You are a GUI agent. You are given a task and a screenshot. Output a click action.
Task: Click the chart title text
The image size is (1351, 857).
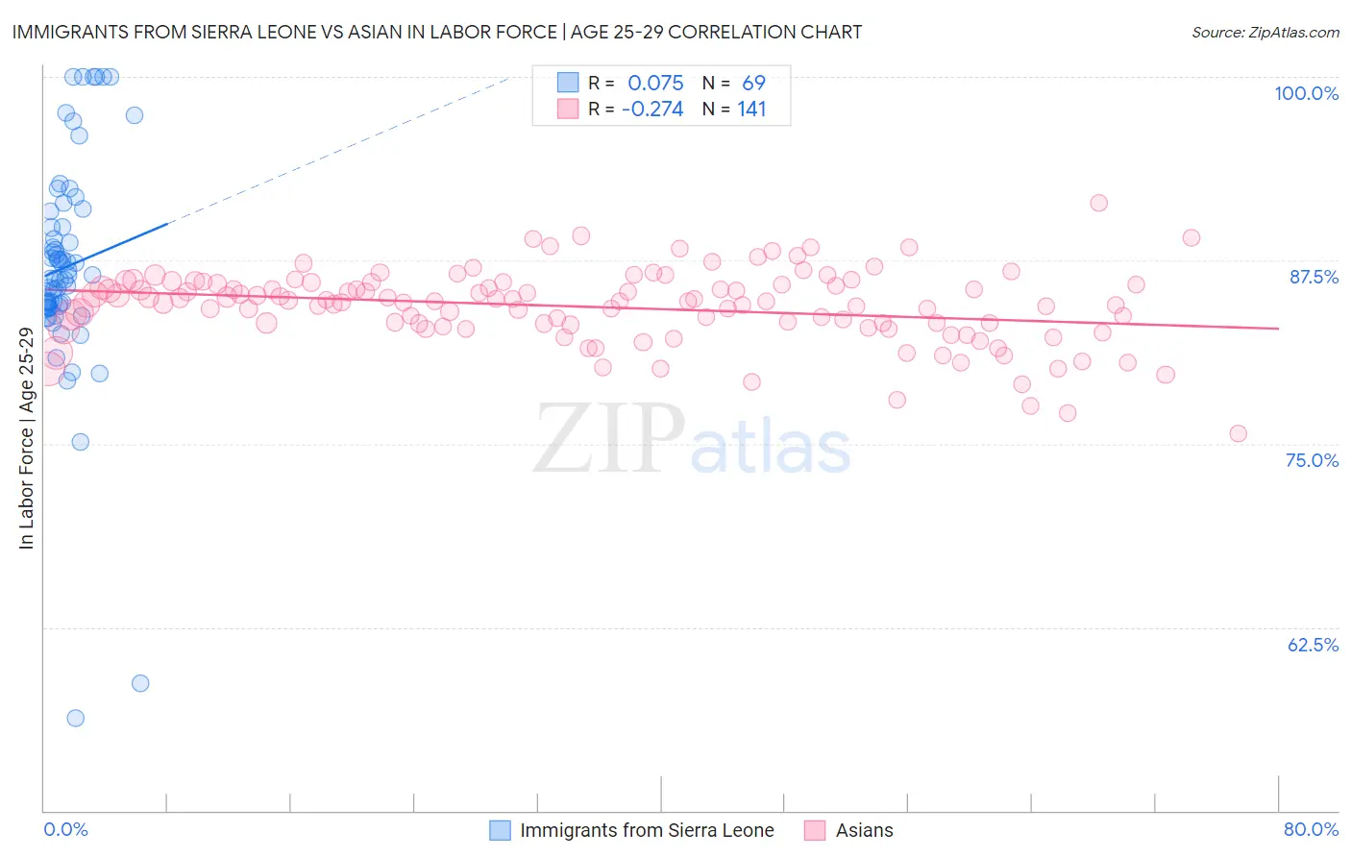pyautogui.click(x=437, y=32)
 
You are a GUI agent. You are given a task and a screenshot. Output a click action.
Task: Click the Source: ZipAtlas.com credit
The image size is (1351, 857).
pyautogui.click(x=1265, y=33)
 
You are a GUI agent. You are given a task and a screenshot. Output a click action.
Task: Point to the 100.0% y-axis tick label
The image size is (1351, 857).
pyautogui.click(x=1306, y=93)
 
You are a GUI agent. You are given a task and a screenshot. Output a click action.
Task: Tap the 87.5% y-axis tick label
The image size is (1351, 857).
pyautogui.click(x=1314, y=277)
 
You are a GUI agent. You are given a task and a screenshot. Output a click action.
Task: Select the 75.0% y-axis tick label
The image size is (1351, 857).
pyautogui.click(x=1312, y=460)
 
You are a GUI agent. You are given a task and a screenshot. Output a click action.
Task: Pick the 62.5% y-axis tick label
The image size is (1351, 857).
pyautogui.click(x=1313, y=645)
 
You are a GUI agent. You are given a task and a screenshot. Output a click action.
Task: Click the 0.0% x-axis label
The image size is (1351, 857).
pyautogui.click(x=65, y=829)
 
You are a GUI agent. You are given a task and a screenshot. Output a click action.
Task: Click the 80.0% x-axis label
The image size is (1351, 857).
pyautogui.click(x=1311, y=829)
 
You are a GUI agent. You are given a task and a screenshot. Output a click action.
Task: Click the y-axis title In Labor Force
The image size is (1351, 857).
pyautogui.click(x=26, y=438)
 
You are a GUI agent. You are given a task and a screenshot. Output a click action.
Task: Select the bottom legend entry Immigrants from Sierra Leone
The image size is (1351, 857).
pyautogui.click(x=646, y=830)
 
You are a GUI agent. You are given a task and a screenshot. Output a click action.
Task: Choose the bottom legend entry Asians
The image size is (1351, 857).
pyautogui.click(x=864, y=830)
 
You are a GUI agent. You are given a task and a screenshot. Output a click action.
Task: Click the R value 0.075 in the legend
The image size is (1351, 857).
pyautogui.click(x=655, y=83)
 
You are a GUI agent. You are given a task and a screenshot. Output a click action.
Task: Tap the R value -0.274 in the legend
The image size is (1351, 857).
pyautogui.click(x=652, y=110)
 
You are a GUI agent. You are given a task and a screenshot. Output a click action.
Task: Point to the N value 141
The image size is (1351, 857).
pyautogui.click(x=751, y=110)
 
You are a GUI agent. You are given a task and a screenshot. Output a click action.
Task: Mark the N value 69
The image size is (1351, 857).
pyautogui.click(x=753, y=83)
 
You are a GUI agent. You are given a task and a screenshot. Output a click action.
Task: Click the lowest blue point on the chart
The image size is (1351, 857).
pyautogui.click(x=75, y=718)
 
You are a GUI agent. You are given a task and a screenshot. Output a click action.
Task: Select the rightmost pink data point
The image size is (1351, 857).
pyautogui.click(x=1238, y=433)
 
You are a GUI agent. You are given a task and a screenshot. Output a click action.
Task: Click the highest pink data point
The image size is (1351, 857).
pyautogui.click(x=1098, y=203)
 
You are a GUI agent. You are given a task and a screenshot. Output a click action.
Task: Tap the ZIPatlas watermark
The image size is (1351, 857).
pyautogui.click(x=692, y=440)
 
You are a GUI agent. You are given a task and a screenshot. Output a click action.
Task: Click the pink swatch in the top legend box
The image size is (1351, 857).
pyautogui.click(x=568, y=110)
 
